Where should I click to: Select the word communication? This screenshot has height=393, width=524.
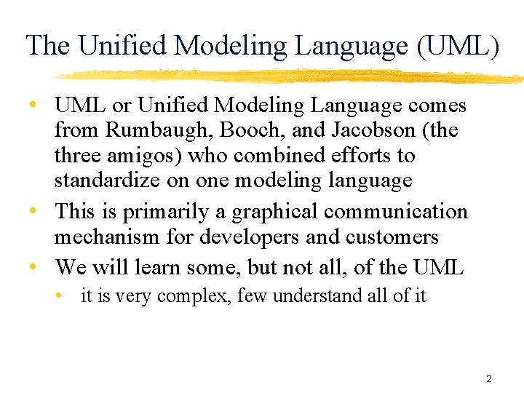coord(396,211)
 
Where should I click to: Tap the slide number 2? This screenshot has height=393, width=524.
coord(489,378)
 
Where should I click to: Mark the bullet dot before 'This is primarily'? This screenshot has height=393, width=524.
coord(33,212)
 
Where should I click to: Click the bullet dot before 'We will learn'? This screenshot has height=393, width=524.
coord(33,266)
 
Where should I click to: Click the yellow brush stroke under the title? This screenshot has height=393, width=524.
coord(291,75)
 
